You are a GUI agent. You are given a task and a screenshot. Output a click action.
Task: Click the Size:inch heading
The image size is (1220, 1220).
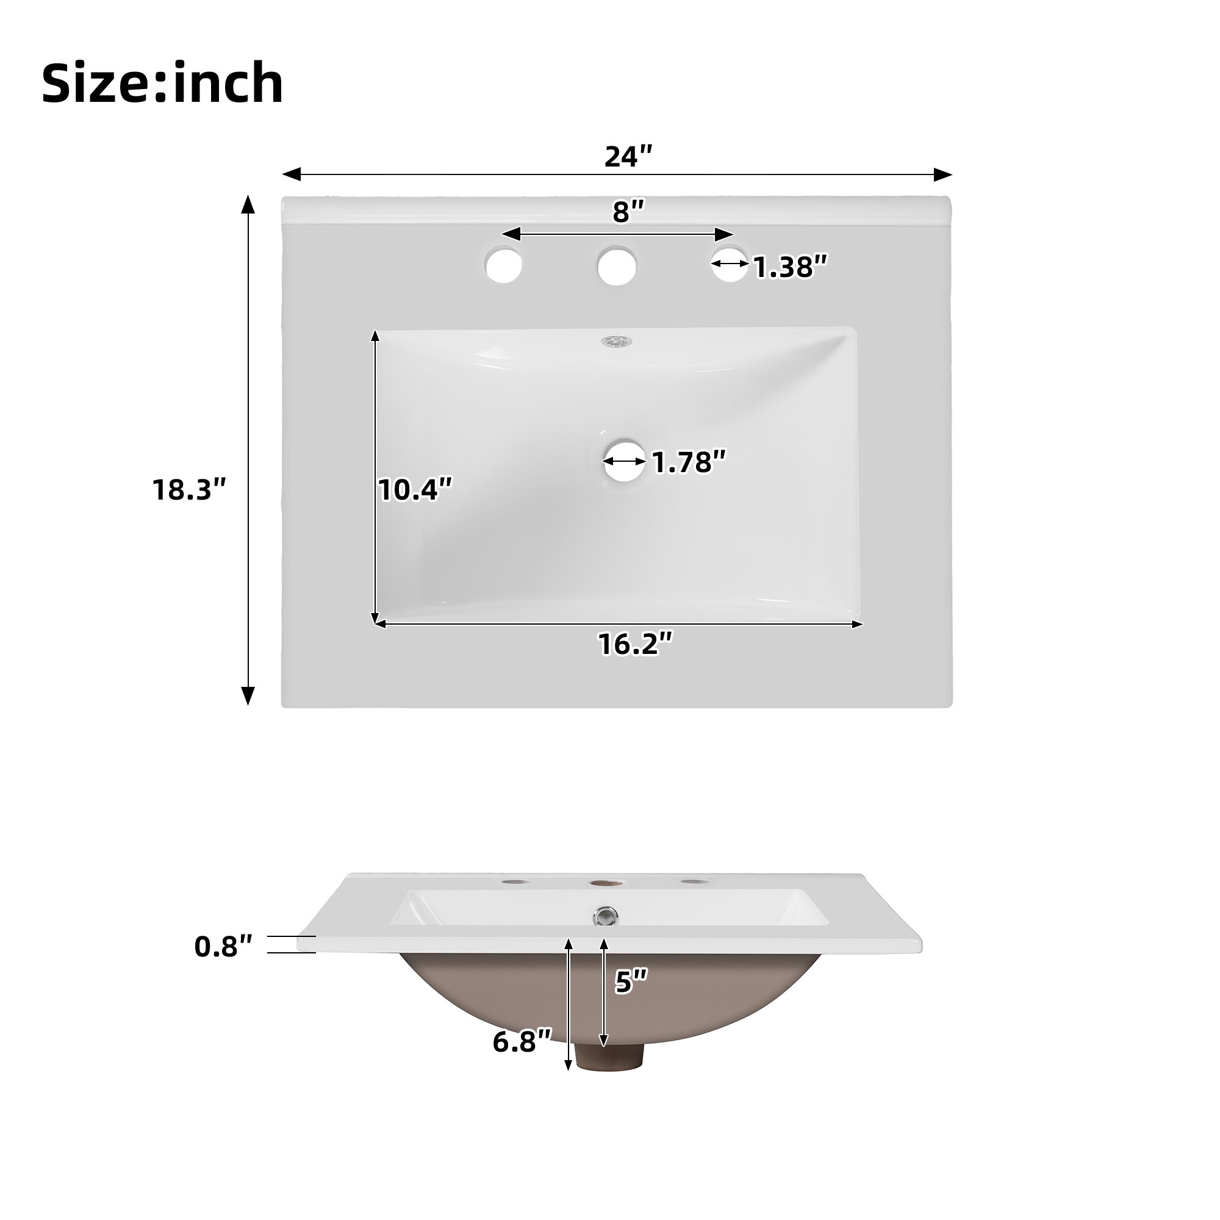click(162, 84)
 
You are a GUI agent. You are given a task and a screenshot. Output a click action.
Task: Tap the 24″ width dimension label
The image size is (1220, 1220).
click(628, 157)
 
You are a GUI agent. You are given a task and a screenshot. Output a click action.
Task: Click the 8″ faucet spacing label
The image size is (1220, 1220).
click(628, 213)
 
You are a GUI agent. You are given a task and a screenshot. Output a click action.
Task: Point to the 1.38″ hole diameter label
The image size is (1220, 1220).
click(790, 267)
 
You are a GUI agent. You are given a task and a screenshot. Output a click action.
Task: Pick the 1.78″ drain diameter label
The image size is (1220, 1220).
click(689, 462)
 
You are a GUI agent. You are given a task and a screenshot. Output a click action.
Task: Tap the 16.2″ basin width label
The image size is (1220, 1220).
click(635, 644)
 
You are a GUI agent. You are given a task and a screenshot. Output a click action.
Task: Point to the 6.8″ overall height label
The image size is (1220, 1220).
click(522, 1041)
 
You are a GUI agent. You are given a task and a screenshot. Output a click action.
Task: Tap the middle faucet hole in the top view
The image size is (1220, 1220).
click(616, 265)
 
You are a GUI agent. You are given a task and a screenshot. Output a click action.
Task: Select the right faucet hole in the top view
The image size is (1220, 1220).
click(730, 264)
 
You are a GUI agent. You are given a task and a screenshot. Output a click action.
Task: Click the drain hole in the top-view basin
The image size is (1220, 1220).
click(624, 461)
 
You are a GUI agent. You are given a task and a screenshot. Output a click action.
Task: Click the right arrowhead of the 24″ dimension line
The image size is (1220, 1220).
click(944, 174)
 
